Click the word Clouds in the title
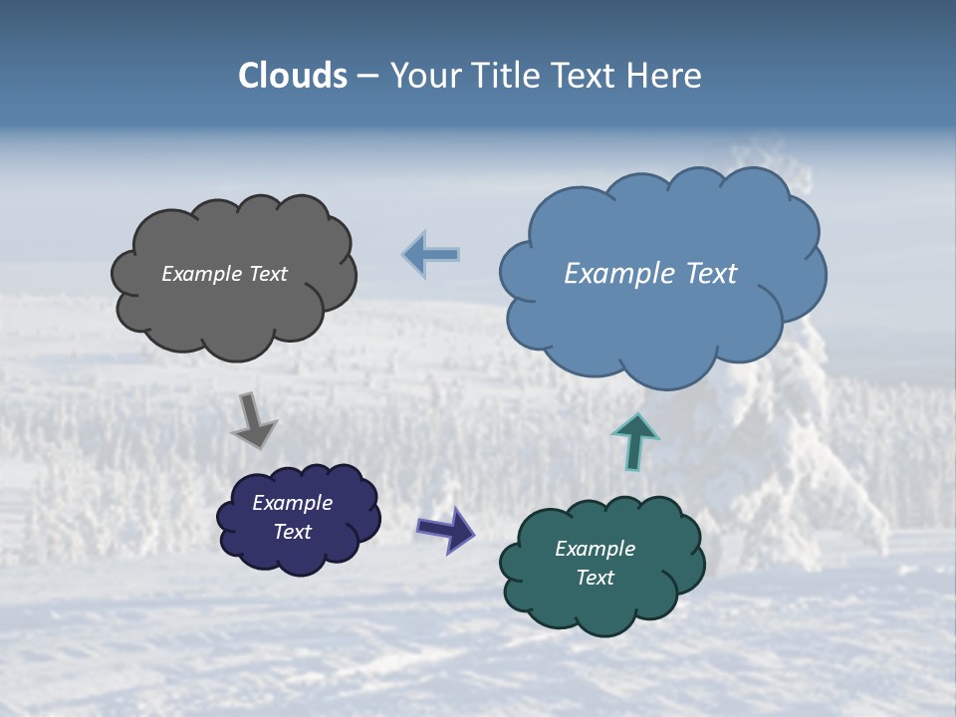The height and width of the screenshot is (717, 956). coord(293,76)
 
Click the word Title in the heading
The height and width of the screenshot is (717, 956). coord(505,76)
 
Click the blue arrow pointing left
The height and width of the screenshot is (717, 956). coord(431,255)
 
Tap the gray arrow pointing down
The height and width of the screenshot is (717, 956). coord(254,421)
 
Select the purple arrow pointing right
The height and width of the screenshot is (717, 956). coord(446,529)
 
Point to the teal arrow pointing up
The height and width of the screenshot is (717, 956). coord(635,441)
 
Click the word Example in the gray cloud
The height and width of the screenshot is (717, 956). coord(202,274)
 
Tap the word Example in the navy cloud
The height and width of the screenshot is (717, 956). coord(292,503)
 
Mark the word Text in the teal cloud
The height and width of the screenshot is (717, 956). coord(595,578)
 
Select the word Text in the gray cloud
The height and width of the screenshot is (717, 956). coord(268,274)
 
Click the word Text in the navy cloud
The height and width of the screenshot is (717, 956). coord(292,532)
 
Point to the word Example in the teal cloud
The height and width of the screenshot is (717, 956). coord(595,549)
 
